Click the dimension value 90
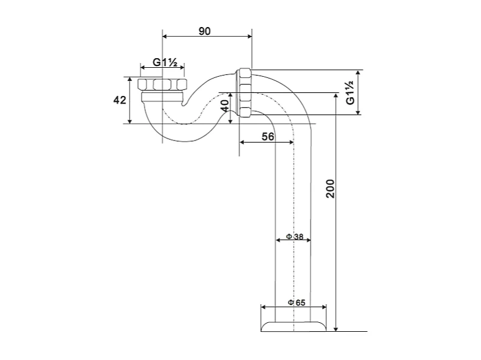[204, 31]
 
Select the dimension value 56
[268, 137]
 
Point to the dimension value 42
[119, 100]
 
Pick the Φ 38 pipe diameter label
[294, 236]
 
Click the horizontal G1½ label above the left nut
[162, 62]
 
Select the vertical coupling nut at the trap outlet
[245, 92]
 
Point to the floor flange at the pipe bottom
[293, 326]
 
